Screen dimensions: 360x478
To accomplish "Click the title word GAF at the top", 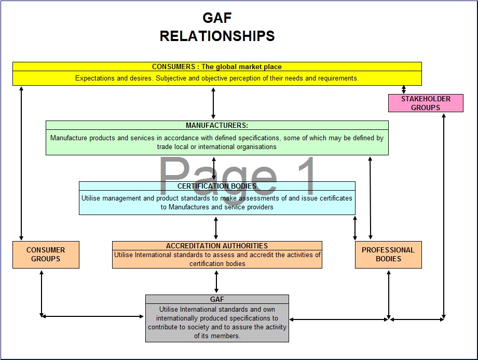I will (217, 18).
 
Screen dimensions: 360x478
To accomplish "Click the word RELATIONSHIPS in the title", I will (217, 36).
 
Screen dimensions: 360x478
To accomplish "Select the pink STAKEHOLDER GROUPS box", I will (426, 103).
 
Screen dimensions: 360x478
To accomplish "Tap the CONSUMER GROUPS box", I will (46, 255).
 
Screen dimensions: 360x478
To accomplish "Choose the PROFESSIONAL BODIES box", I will (388, 255).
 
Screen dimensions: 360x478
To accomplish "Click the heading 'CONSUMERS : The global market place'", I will (217, 66).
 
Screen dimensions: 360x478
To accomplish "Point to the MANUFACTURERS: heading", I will (217, 125).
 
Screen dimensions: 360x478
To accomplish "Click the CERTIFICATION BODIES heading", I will (217, 186).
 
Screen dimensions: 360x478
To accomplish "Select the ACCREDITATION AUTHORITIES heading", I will (217, 246).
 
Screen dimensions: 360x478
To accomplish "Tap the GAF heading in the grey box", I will (217, 299).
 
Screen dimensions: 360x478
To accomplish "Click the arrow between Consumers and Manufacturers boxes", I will (213, 103).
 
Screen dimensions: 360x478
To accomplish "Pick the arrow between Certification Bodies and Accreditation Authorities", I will (216, 228).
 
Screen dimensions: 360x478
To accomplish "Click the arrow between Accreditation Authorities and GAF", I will (216, 282).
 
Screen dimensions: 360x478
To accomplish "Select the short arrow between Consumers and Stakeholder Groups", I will (404, 89).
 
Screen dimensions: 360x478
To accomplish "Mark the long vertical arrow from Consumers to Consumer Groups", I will (21, 163).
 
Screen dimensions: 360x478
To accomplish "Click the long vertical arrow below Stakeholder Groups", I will (444, 216).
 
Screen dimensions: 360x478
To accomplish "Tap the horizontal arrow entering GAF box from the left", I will (93, 316).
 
